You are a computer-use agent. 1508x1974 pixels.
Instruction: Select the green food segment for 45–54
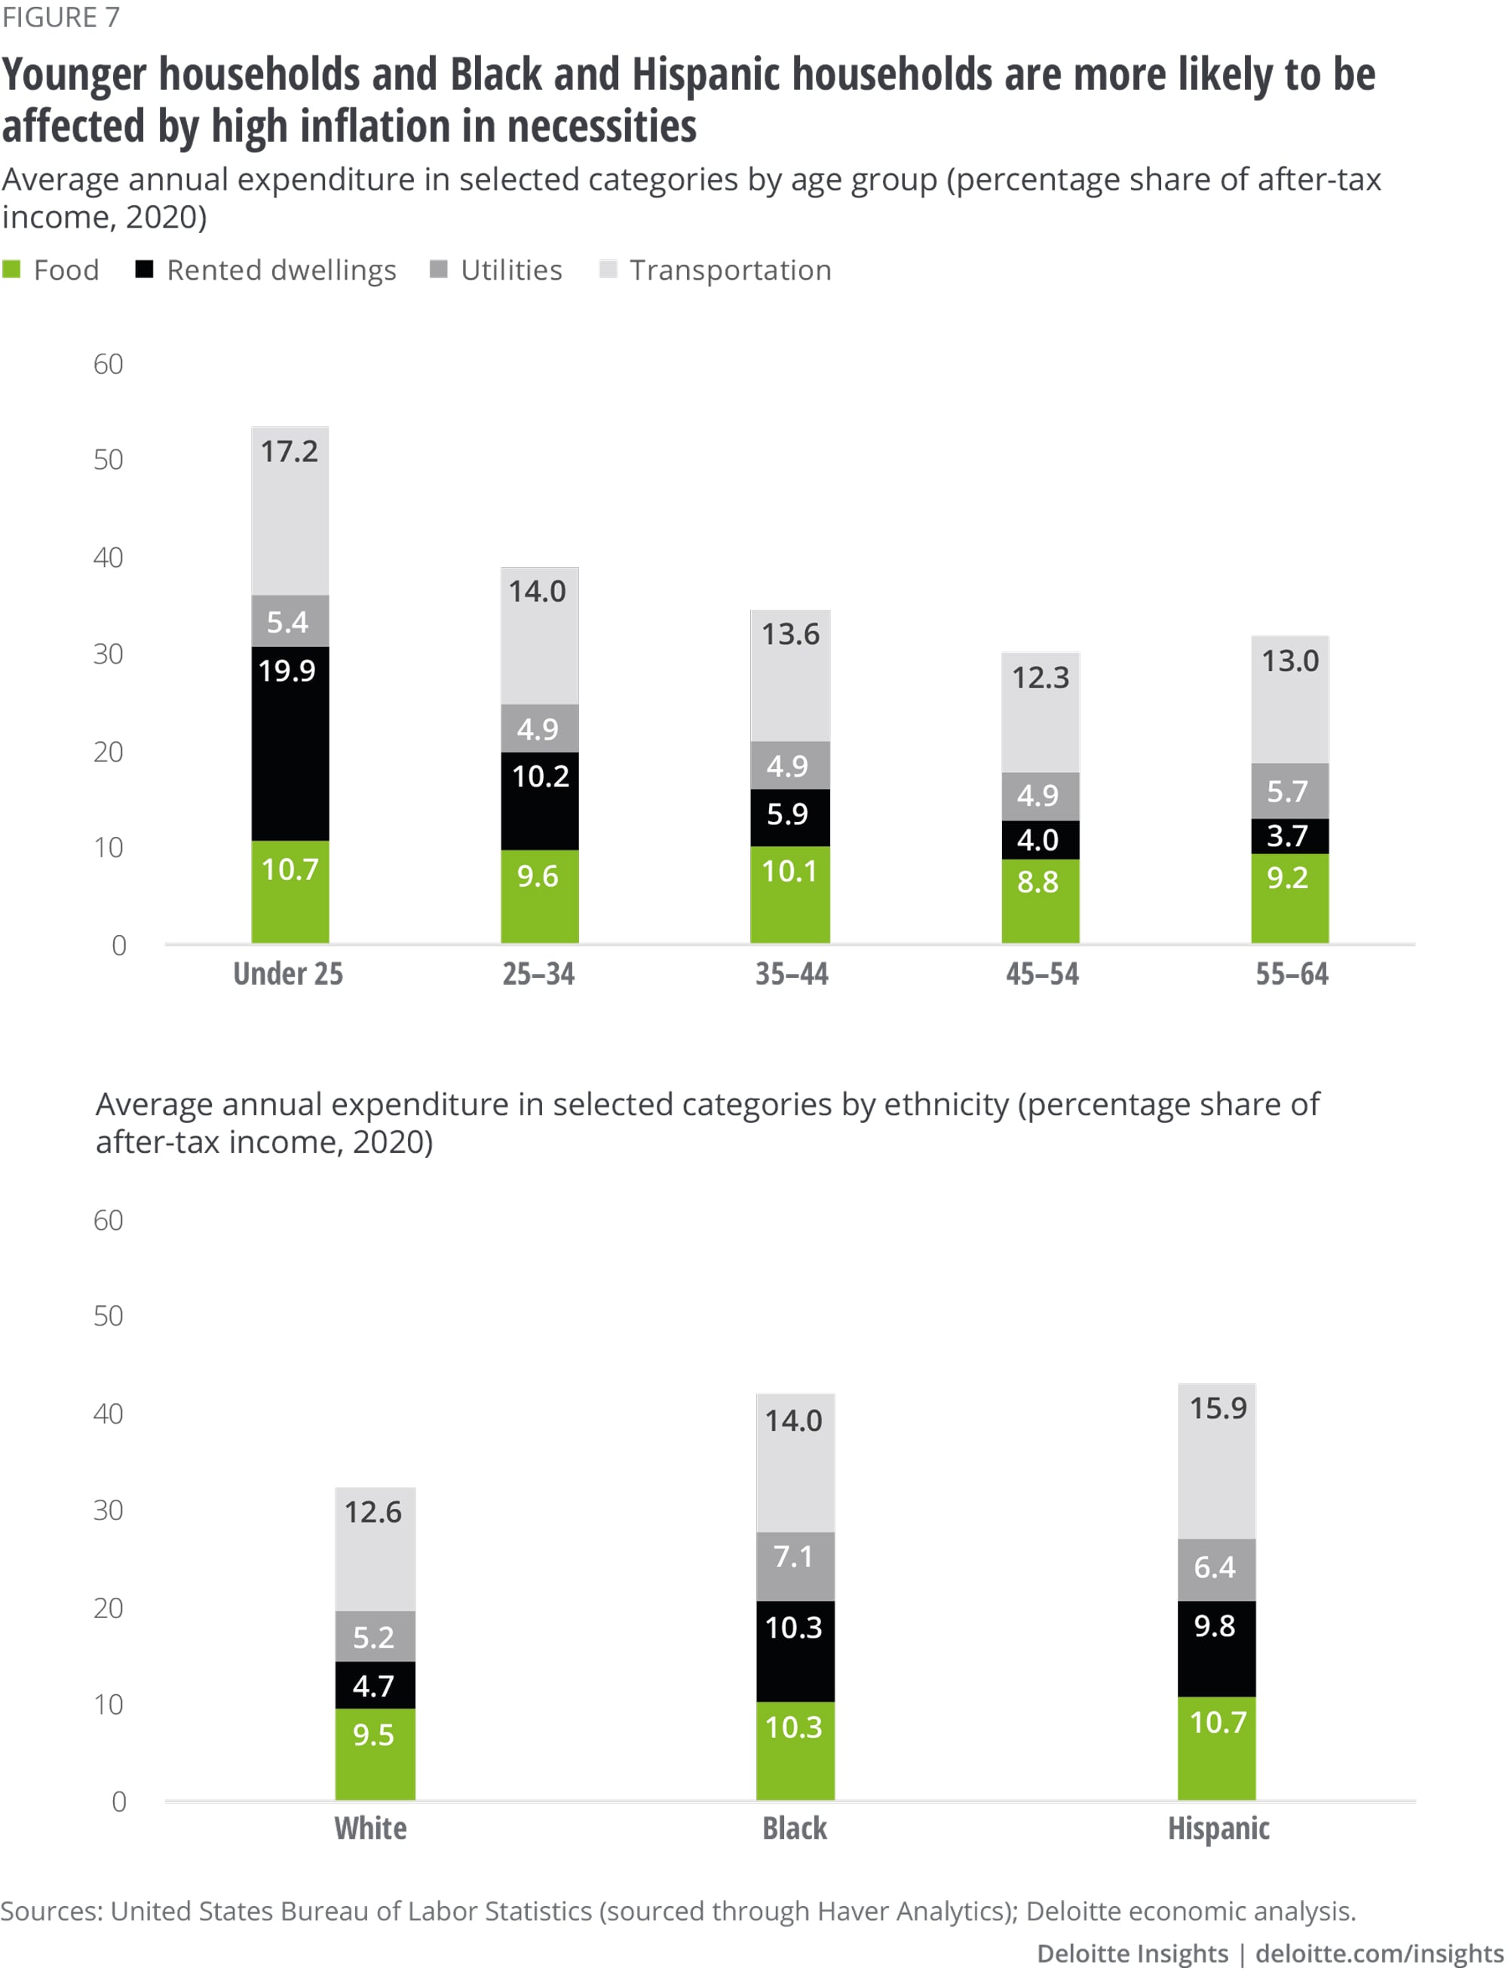point(1040,900)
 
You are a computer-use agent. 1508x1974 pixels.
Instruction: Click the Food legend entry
point(52,270)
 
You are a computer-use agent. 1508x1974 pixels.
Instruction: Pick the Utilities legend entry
point(496,270)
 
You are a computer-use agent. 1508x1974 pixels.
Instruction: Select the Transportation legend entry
point(716,270)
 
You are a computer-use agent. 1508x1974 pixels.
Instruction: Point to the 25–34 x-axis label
point(538,974)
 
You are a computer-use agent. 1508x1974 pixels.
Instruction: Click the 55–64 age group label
point(1291,974)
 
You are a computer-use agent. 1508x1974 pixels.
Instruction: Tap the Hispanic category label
point(1218,1828)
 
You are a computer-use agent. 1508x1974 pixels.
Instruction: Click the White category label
point(371,1828)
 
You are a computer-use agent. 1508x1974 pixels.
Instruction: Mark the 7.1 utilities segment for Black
point(795,1566)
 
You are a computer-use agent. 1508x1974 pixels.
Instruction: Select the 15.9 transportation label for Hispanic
point(1217,1408)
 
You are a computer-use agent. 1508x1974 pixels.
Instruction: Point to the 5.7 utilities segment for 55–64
point(1289,791)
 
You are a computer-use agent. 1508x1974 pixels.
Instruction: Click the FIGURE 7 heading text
point(60,18)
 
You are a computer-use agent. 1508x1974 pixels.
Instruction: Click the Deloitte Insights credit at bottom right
point(1132,1954)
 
